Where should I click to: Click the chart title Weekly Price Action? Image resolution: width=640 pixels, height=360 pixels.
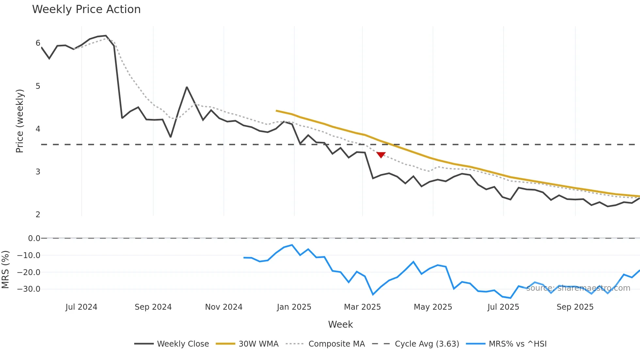tap(86, 9)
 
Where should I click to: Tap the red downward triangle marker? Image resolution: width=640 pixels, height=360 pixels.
tap(381, 155)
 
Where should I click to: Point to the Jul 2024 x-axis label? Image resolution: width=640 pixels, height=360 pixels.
tap(81, 307)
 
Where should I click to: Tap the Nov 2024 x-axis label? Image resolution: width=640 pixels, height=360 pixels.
tap(224, 307)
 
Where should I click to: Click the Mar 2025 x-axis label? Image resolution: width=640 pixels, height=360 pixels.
tap(362, 307)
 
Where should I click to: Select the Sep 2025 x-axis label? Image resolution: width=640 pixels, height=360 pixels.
tap(575, 307)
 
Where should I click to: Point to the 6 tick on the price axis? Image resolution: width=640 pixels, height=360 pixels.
tap(38, 43)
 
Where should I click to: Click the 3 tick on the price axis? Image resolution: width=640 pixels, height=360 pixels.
tap(38, 172)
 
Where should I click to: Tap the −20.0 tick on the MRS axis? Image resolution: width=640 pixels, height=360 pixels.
tap(29, 272)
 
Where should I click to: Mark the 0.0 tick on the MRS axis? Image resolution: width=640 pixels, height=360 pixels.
tap(34, 238)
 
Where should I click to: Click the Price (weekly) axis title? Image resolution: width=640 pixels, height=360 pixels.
tap(20, 121)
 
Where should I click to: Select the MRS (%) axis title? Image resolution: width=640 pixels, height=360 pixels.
tap(5, 270)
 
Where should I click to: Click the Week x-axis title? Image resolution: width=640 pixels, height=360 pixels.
tap(340, 324)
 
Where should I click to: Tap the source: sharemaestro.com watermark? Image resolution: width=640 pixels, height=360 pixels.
tap(578, 288)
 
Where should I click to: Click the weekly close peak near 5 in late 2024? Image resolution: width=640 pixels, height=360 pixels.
tap(187, 87)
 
